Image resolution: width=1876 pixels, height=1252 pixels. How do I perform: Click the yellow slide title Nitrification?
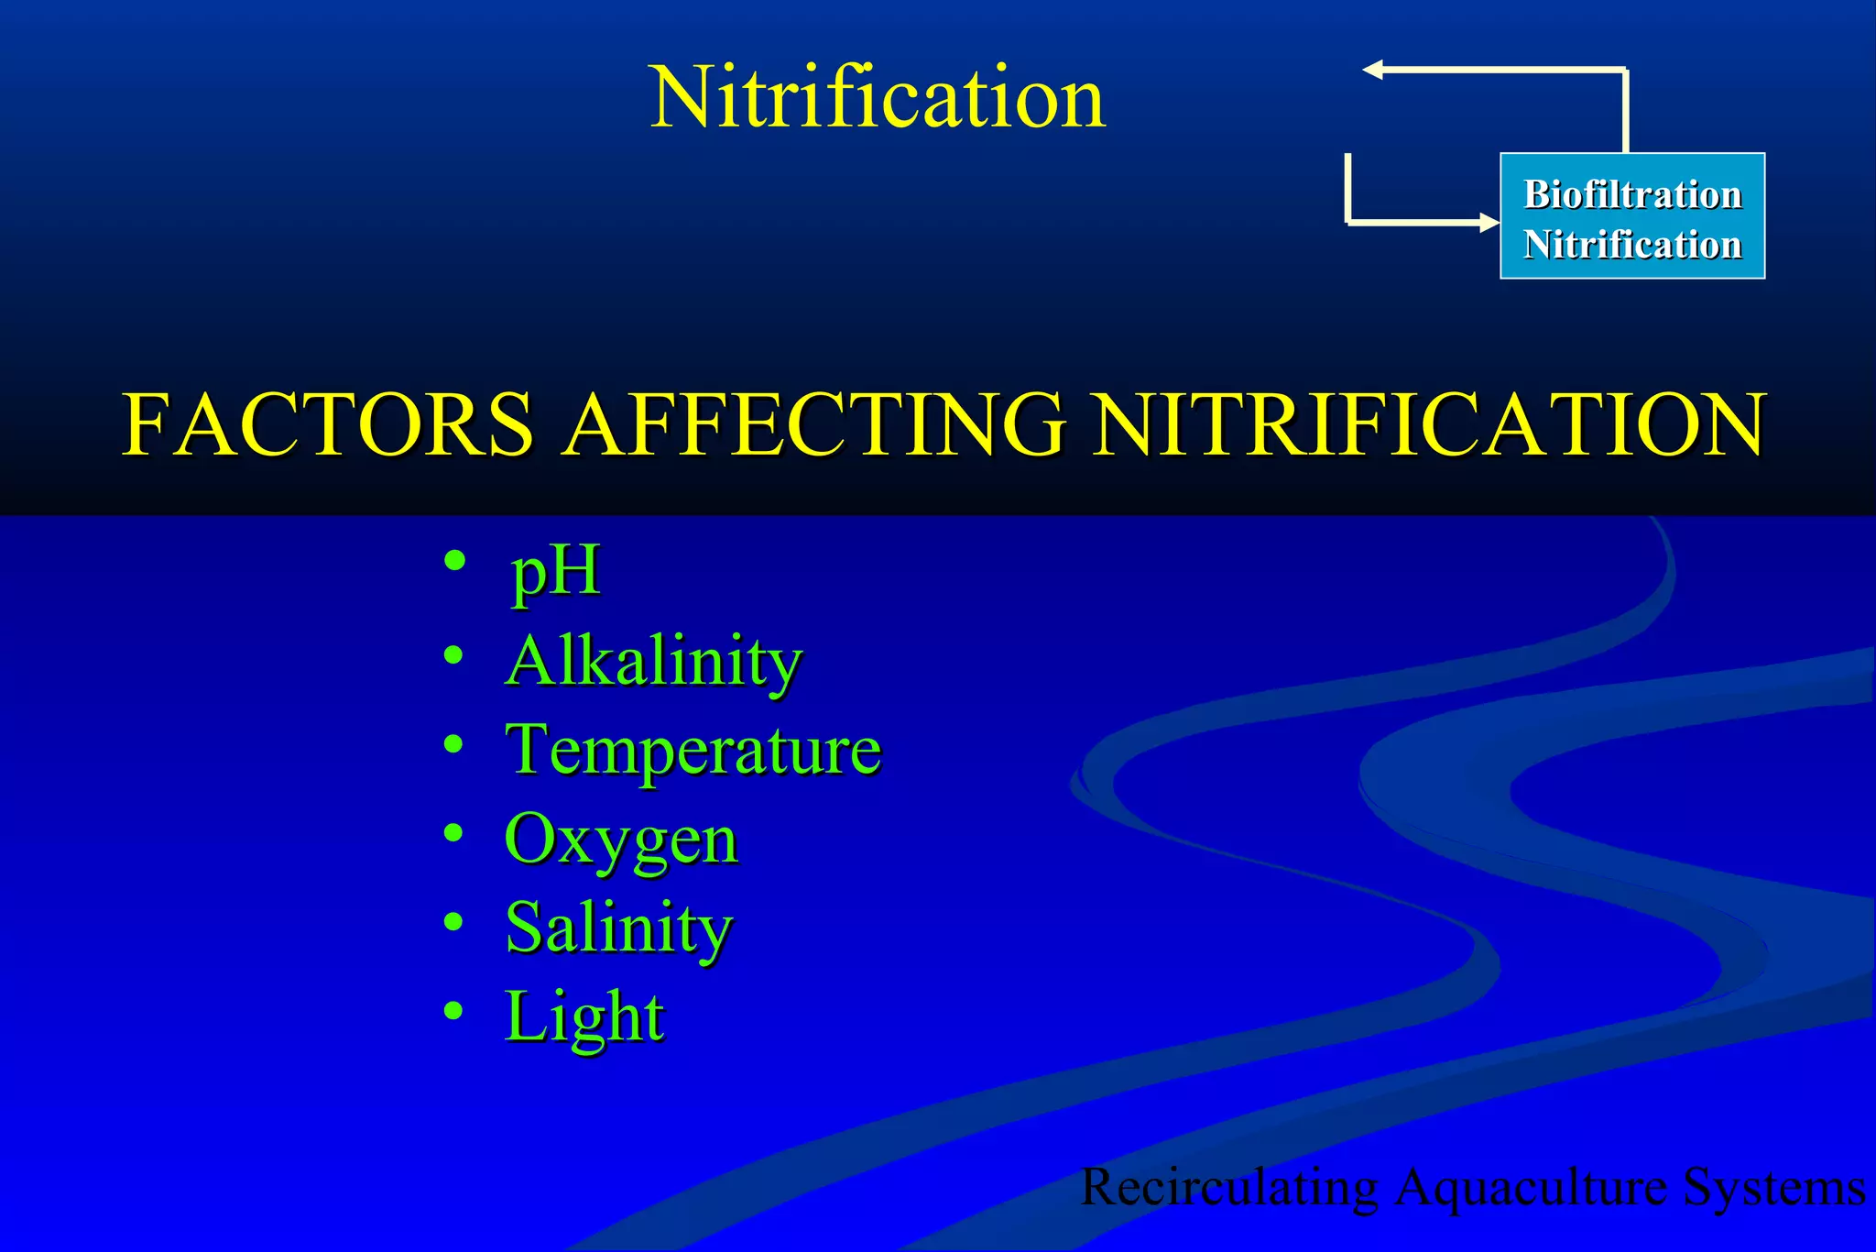coord(877,98)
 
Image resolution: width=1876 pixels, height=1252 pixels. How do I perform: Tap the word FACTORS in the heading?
coord(327,424)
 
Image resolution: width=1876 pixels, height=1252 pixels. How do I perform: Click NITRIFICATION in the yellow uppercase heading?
coord(1430,424)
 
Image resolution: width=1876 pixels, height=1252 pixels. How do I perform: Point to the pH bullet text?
coord(555,572)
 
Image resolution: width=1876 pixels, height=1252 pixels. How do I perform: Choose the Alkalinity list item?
coord(654,662)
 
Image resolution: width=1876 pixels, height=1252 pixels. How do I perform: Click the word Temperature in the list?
coord(693,750)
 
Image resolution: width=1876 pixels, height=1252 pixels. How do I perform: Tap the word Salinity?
coord(619,928)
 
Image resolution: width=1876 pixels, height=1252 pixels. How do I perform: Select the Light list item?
coord(584,1016)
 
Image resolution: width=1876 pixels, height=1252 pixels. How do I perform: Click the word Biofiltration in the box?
coord(1632,194)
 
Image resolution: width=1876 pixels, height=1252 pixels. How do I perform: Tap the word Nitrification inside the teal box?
coord(1632,245)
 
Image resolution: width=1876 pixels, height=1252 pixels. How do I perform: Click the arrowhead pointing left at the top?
coord(1372,70)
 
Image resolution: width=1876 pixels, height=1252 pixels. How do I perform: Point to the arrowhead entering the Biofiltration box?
coord(1489,222)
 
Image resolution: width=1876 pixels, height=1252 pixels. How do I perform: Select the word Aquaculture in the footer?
coord(1532,1188)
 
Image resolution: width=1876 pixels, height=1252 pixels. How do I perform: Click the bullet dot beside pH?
coord(454,560)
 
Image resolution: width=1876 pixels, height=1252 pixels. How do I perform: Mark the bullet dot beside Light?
coord(453,1010)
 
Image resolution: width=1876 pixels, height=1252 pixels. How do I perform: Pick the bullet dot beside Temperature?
coord(453,743)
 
